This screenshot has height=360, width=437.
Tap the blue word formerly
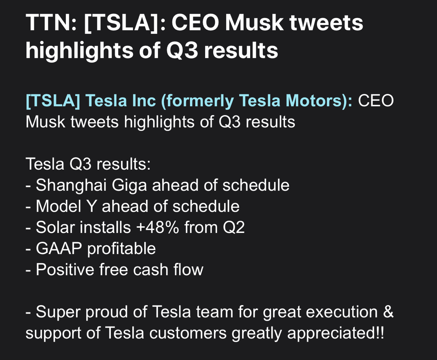tap(197, 101)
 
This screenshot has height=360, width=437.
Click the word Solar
tap(55, 228)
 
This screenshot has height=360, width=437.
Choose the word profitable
tap(122, 249)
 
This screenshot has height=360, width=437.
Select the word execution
tap(342, 312)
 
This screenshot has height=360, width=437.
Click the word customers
tap(188, 333)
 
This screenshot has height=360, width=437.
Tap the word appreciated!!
tap(336, 333)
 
